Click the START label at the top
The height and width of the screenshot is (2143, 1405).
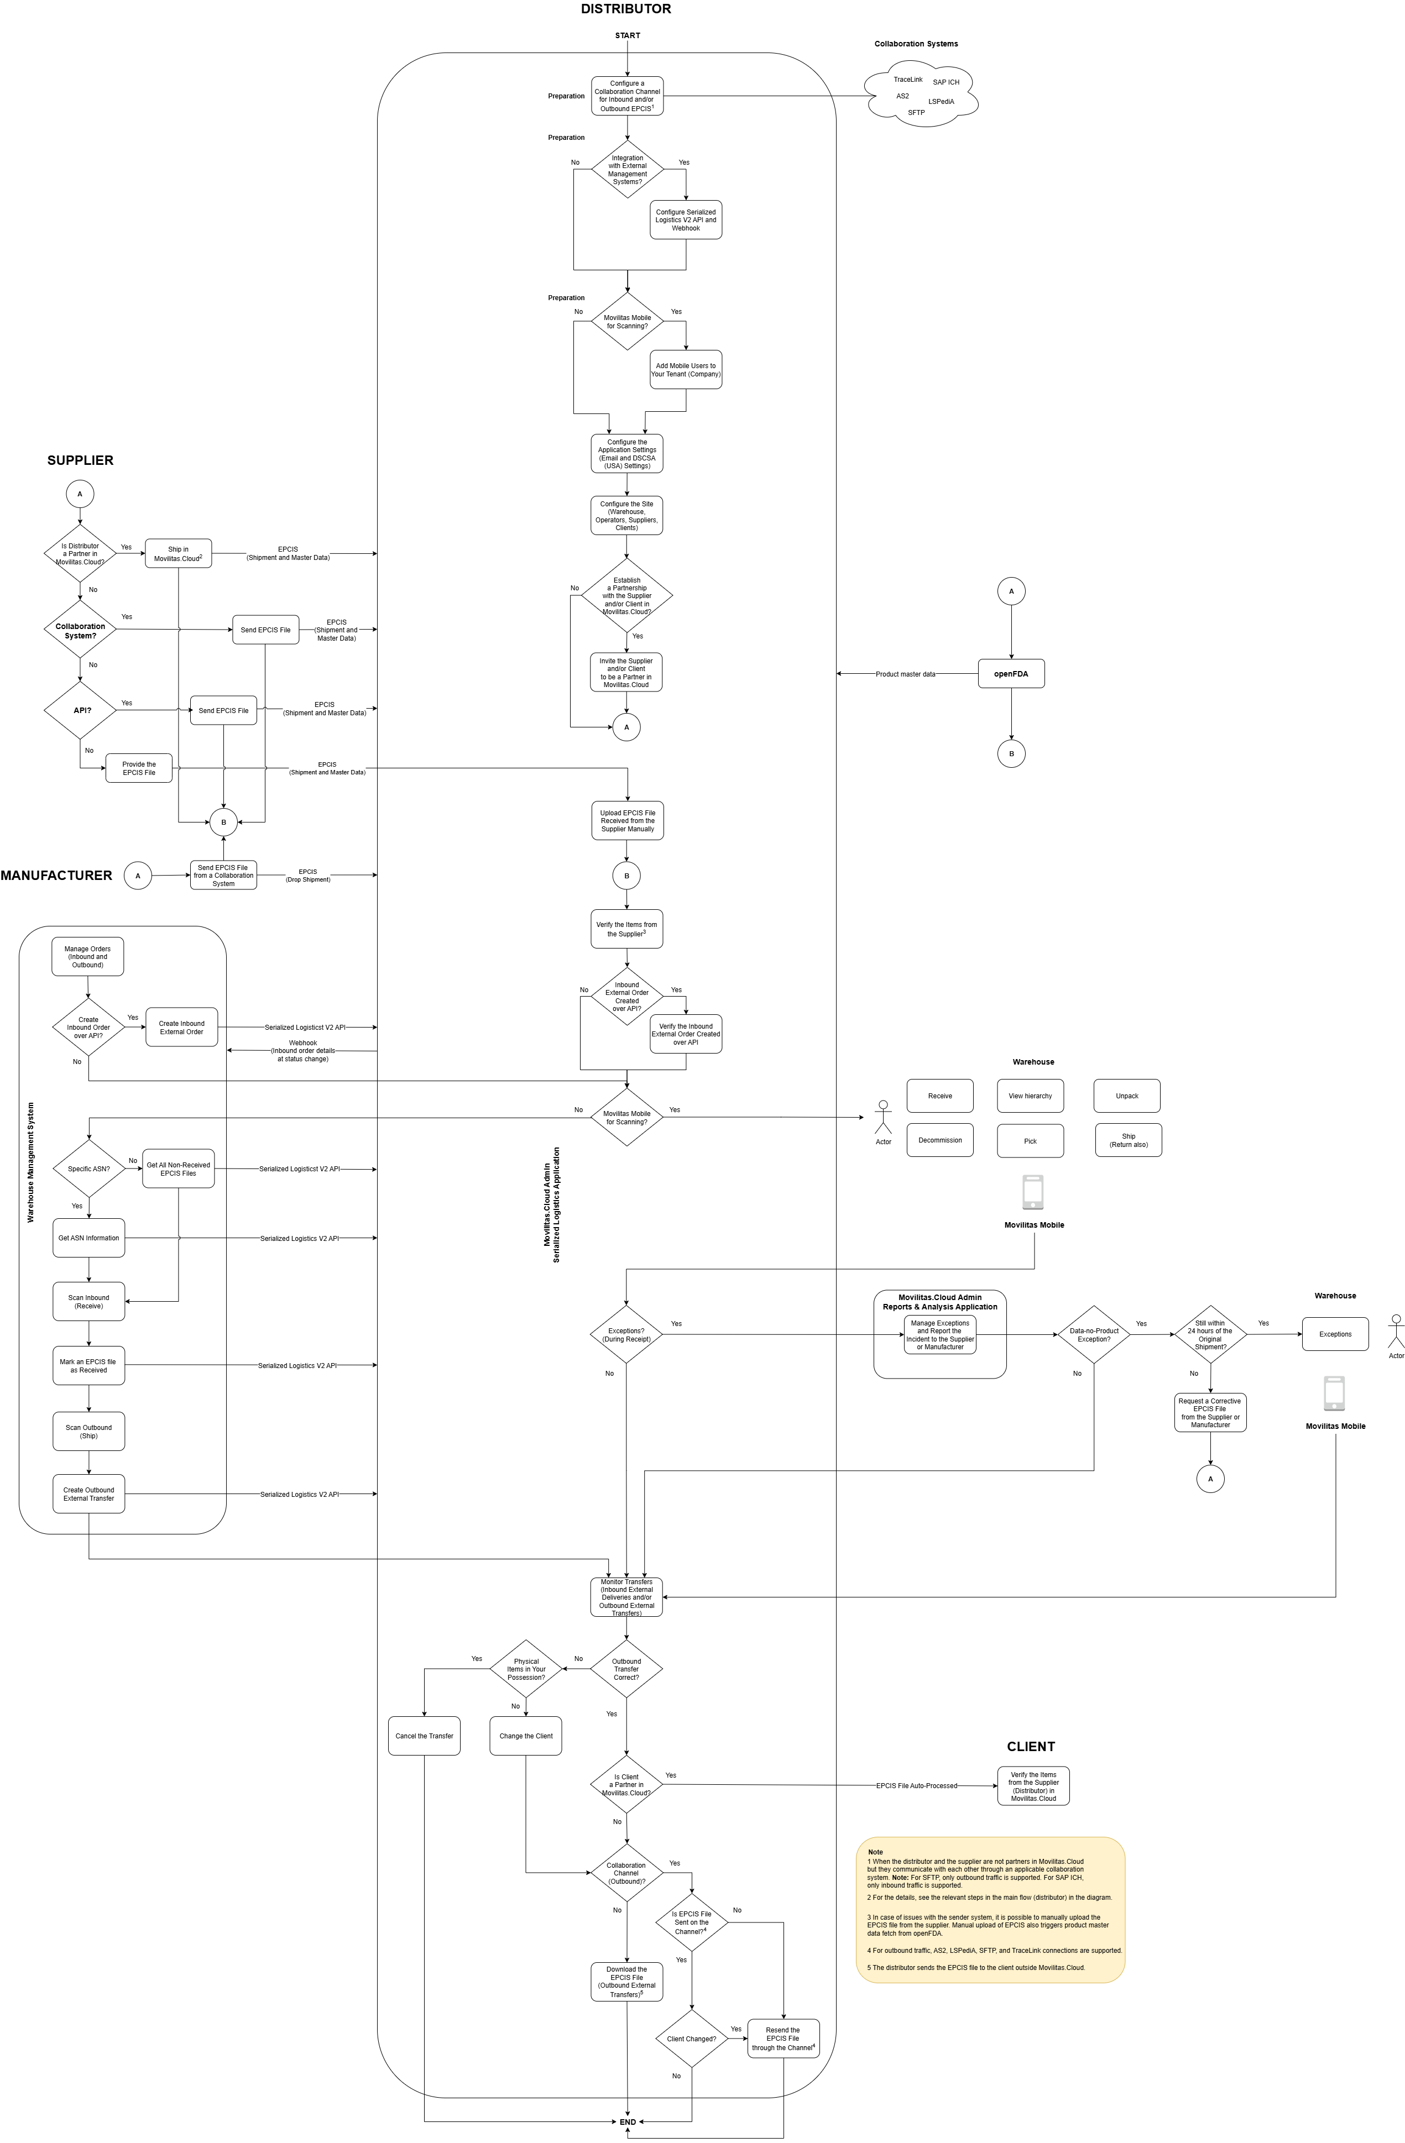[627, 35]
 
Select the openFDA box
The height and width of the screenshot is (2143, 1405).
[1011, 673]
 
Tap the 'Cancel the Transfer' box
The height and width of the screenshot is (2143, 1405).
[424, 1735]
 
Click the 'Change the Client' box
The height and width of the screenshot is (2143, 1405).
[525, 1735]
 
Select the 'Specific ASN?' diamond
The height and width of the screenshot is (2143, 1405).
[88, 1169]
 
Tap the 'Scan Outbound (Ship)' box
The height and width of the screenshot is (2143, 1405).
[88, 1431]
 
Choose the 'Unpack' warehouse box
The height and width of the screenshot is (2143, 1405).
[1127, 1096]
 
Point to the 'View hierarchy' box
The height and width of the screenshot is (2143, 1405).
[1030, 1096]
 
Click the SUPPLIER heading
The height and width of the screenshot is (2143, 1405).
[80, 460]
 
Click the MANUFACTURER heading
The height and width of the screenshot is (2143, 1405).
[56, 875]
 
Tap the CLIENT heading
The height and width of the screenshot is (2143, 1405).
[1030, 1746]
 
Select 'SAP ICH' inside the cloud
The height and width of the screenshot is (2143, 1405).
[946, 82]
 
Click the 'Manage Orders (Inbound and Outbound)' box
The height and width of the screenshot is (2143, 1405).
[87, 956]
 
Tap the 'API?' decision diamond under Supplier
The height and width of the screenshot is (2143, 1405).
[81, 710]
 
